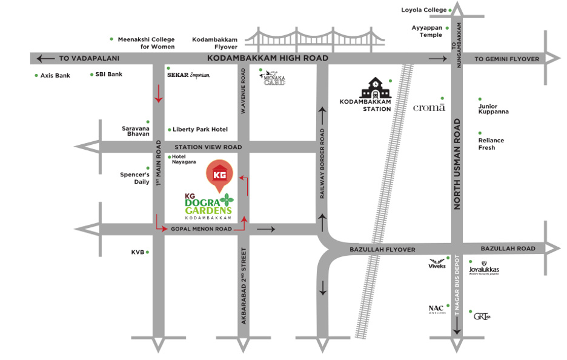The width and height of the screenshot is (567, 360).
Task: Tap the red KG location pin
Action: click(x=220, y=175)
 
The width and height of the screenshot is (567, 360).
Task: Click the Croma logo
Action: click(x=428, y=108)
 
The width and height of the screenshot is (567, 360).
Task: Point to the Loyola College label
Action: click(x=423, y=10)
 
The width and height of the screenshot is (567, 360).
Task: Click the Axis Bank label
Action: click(x=55, y=75)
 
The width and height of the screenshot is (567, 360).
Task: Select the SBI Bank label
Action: click(x=109, y=75)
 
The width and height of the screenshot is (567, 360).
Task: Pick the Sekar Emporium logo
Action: click(x=188, y=75)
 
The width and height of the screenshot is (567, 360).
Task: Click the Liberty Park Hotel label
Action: click(x=200, y=130)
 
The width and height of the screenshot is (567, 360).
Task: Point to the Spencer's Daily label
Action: click(x=134, y=178)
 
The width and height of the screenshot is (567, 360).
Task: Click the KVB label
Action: click(x=138, y=252)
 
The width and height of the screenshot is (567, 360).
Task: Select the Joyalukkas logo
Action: click(x=483, y=270)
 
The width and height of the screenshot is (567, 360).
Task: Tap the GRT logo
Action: click(x=482, y=316)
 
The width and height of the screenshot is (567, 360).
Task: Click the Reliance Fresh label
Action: click(x=491, y=144)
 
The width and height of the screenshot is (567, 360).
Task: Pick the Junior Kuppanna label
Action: click(x=493, y=109)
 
